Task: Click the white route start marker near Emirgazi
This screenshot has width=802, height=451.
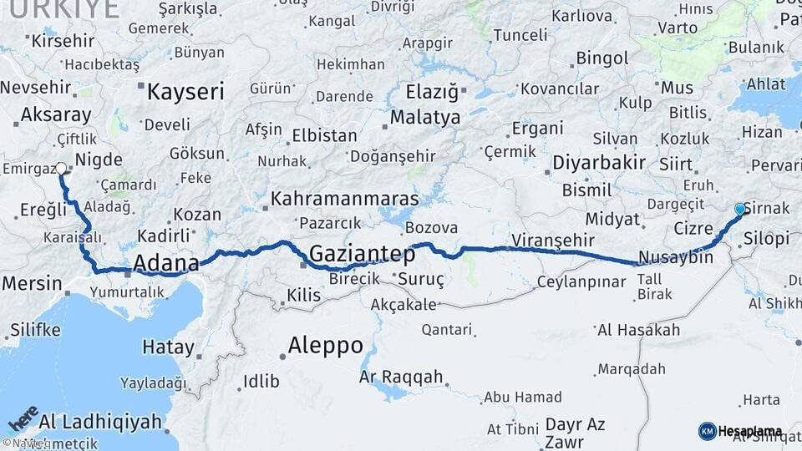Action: click(x=61, y=168)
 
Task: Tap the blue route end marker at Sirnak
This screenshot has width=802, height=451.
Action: click(x=739, y=209)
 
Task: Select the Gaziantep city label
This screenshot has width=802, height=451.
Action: click(x=363, y=253)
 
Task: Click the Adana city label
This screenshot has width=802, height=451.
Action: click(x=166, y=264)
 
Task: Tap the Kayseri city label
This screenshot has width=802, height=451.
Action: click(x=185, y=92)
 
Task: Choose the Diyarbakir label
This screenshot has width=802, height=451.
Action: click(x=598, y=162)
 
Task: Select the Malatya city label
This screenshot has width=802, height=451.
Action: click(x=424, y=118)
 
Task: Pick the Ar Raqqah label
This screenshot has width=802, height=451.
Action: click(x=401, y=377)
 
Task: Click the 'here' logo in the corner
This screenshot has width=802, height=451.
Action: click(x=23, y=419)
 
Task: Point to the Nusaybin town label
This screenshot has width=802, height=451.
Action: click(x=675, y=257)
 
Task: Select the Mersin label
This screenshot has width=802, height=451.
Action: click(x=32, y=283)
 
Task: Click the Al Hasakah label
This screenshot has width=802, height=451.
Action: click(x=638, y=330)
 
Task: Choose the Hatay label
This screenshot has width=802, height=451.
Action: click(x=168, y=347)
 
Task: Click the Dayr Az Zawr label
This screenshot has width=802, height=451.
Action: click(x=575, y=433)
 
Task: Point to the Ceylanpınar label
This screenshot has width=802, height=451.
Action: click(x=581, y=281)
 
